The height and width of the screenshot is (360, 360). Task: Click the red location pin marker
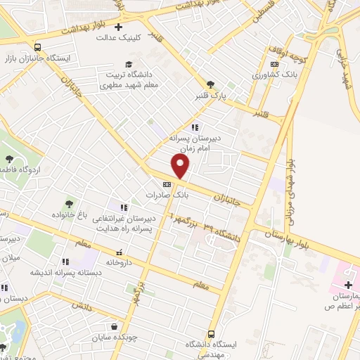[181, 167]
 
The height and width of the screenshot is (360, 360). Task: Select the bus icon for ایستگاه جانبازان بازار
[37, 49]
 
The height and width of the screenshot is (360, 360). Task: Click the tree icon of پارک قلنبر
[210, 83]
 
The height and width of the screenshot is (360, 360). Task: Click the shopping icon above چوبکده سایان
[114, 326]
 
